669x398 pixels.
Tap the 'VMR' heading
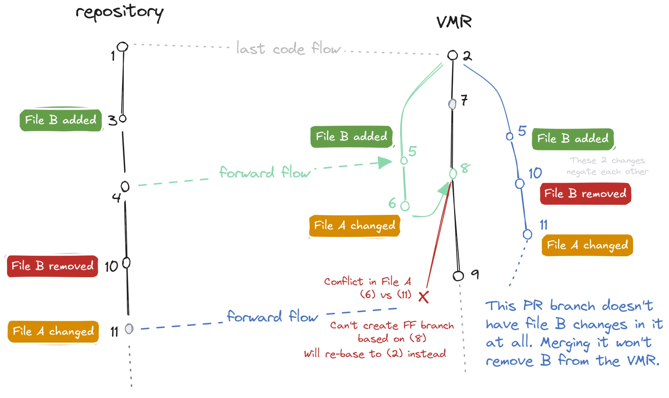point(454,22)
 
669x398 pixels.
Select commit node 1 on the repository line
point(123,47)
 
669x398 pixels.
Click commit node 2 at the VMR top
point(453,55)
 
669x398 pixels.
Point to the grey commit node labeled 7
point(452,104)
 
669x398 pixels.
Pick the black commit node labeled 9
point(458,276)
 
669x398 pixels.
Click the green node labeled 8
point(453,174)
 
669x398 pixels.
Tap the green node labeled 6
point(405,206)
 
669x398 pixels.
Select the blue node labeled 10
point(519,184)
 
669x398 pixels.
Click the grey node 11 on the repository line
point(129,329)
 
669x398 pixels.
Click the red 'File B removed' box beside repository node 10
point(52,266)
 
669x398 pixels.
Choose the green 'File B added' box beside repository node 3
point(60,120)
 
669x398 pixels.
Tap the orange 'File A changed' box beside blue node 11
point(587,245)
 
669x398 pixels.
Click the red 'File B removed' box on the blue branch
point(585,194)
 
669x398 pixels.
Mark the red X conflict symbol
point(424,297)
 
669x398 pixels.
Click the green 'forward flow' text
point(265,172)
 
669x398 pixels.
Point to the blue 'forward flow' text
point(272,317)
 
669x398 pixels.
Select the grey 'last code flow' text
point(288,48)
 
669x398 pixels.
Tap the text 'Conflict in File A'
point(367,281)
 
